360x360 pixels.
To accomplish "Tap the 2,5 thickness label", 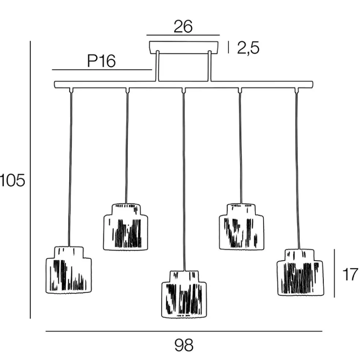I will point(248,48).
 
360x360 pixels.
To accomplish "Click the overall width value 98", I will point(184,345).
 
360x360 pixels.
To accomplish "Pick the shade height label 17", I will point(349,274).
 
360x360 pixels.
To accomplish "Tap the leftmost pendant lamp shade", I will point(68,270).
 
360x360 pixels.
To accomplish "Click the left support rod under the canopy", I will point(157,67).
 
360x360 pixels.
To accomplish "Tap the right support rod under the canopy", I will point(210,67).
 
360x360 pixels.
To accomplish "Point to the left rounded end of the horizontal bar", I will point(56,85).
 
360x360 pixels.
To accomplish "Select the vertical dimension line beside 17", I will point(334,273).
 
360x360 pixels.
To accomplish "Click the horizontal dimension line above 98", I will point(184,331).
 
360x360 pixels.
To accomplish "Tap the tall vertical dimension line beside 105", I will point(30,179).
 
